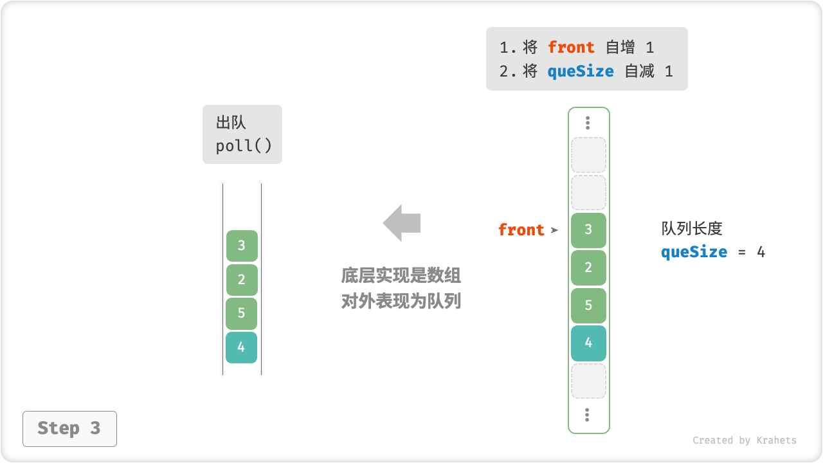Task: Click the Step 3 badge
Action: (69, 429)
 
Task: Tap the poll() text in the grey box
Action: (244, 146)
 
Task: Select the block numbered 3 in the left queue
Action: (242, 246)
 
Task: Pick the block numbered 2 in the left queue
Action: (242, 280)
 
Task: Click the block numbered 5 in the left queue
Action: (242, 314)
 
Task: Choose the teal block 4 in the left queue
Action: (242, 348)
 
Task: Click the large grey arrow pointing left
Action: (402, 223)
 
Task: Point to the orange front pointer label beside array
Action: (521, 230)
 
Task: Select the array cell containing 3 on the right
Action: (588, 230)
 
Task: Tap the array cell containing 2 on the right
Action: (588, 268)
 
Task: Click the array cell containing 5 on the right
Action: (588, 305)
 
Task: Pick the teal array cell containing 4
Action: (588, 343)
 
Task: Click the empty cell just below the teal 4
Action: (588, 381)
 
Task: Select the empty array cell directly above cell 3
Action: (588, 193)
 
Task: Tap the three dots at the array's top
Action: (588, 123)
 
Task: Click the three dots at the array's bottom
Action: (588, 415)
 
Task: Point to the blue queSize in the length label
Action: (694, 252)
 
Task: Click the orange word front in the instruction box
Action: (571, 48)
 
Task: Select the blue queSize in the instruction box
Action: (581, 71)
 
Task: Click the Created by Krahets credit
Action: (745, 440)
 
